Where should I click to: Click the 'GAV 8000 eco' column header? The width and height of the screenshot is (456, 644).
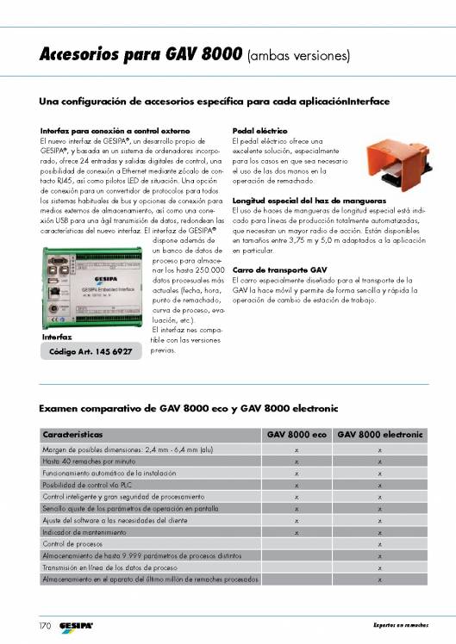coord(296,435)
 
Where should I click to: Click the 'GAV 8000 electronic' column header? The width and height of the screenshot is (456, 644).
coord(379,435)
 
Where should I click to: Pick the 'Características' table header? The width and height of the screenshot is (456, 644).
coord(74,435)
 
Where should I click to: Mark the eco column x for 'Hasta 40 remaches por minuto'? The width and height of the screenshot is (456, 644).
coord(296,461)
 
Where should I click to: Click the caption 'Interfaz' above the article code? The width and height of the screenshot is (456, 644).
coord(56,337)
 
